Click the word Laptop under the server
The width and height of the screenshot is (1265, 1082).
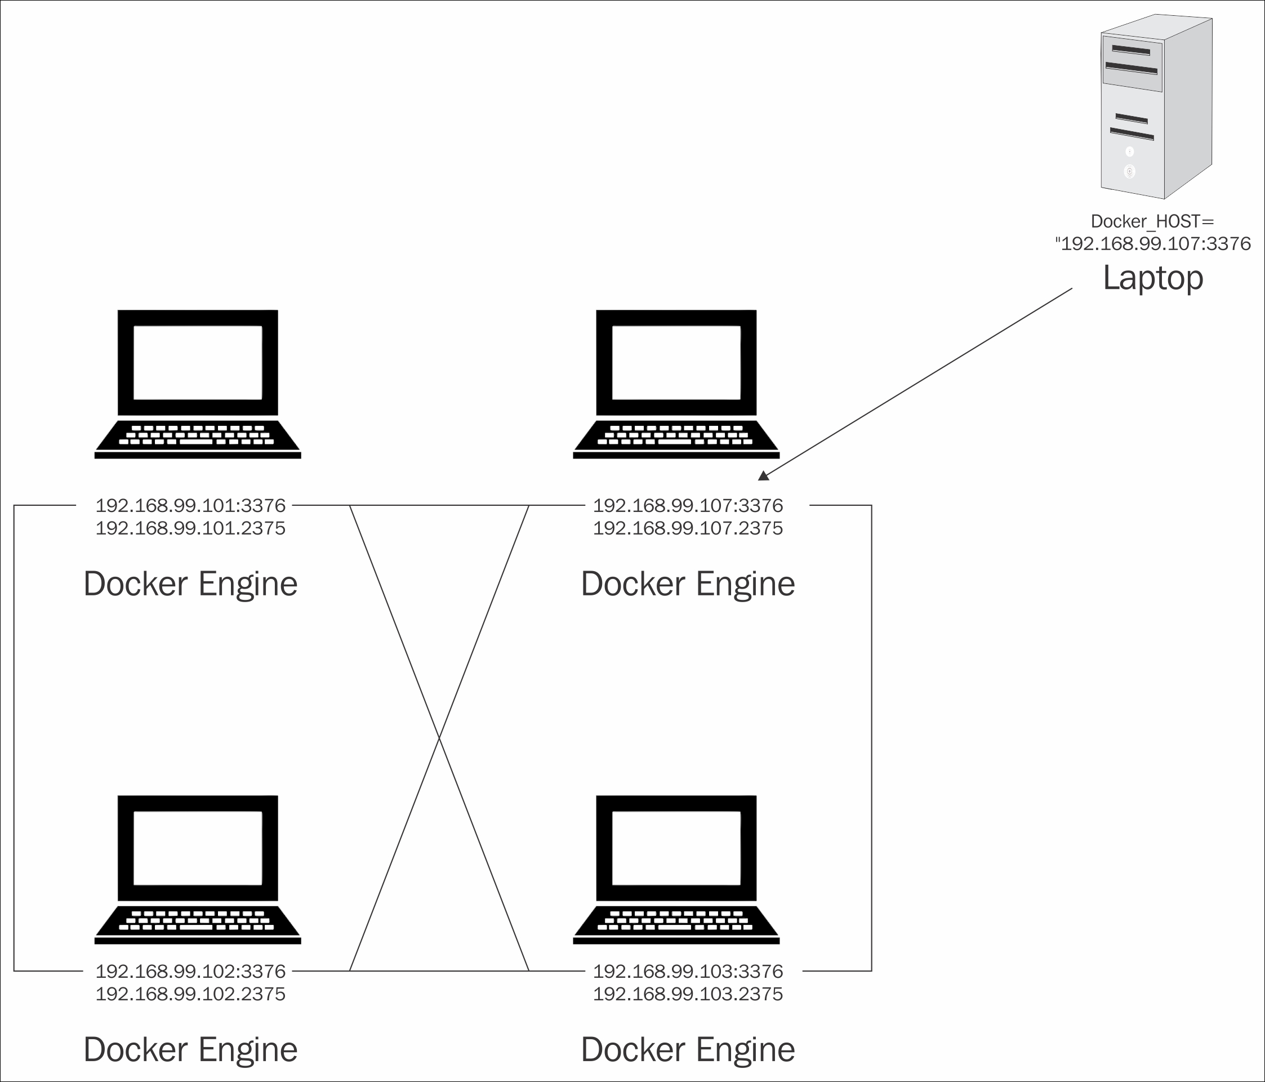[x=1153, y=278]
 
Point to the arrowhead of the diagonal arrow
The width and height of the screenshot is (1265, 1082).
[x=763, y=476]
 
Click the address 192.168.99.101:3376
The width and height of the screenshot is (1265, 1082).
[x=190, y=506]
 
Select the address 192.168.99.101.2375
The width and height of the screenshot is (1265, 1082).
[x=190, y=528]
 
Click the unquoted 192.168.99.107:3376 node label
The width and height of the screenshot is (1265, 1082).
[x=688, y=506]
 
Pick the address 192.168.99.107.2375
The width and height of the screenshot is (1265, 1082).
[x=688, y=528]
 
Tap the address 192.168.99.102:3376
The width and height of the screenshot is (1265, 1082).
[x=190, y=971]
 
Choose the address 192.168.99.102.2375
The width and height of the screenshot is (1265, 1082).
[x=190, y=994]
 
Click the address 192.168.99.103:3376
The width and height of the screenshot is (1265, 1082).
[x=688, y=971]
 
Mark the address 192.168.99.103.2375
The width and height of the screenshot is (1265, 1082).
[x=688, y=994]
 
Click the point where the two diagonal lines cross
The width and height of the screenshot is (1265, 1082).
[x=439, y=738]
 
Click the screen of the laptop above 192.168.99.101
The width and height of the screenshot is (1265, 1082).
[x=198, y=362]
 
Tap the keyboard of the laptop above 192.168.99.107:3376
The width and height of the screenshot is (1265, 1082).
[x=676, y=435]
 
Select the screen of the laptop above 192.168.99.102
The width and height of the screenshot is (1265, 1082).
[x=198, y=848]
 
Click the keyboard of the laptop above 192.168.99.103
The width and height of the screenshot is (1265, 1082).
[x=676, y=921]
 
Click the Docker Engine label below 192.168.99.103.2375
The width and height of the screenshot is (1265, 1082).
[x=688, y=1050]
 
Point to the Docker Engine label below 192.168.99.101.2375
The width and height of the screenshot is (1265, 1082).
[x=190, y=584]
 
